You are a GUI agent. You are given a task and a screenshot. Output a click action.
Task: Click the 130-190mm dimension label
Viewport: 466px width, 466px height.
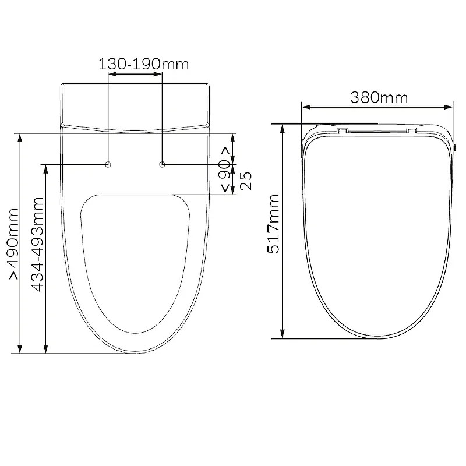click(143, 64)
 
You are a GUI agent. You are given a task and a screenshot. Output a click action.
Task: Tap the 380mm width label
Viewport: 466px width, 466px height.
click(379, 97)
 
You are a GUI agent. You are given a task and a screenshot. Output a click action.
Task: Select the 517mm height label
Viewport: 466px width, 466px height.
click(273, 224)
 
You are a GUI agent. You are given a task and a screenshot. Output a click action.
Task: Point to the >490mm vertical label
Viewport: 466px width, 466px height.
click(14, 243)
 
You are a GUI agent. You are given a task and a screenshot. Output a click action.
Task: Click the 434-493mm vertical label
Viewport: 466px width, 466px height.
click(38, 244)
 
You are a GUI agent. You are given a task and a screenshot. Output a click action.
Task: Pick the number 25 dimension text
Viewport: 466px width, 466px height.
click(246, 181)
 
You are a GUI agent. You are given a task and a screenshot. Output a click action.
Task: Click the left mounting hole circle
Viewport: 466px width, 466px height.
click(108, 164)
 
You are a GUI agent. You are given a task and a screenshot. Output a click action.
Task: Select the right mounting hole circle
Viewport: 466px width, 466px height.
click(162, 164)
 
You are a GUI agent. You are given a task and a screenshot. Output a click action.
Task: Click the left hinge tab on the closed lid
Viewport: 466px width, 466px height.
click(342, 130)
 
